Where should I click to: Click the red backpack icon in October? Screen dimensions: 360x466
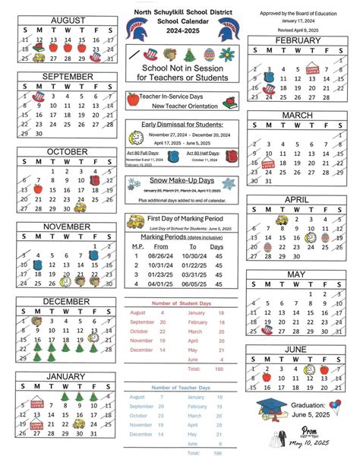[x=95, y=181]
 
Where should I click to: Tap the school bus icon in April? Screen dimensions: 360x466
[x=281, y=220]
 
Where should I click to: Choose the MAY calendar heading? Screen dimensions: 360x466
[x=296, y=274]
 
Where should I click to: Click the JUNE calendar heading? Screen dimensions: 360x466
[x=296, y=348]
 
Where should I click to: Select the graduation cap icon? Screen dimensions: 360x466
[x=269, y=408]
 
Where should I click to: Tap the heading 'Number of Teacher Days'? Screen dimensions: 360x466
[x=180, y=388]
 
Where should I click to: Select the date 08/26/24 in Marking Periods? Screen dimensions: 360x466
[x=161, y=255]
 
